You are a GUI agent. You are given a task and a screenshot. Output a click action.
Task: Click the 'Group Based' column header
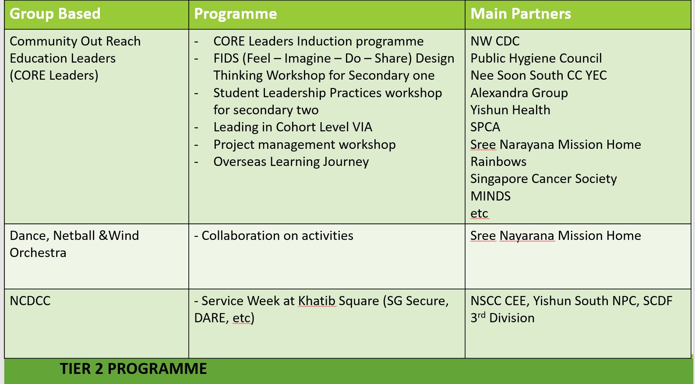click(x=55, y=14)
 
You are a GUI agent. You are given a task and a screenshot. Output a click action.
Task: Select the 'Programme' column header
click(x=236, y=14)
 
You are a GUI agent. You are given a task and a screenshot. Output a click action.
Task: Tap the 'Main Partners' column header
click(x=521, y=14)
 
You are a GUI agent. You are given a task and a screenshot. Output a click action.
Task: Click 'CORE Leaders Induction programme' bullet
click(x=318, y=41)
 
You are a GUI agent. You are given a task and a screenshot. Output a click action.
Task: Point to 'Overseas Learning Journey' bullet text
click(x=291, y=162)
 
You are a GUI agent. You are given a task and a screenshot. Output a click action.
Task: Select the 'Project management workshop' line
click(x=304, y=144)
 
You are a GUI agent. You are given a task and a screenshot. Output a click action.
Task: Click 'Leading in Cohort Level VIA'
click(x=293, y=127)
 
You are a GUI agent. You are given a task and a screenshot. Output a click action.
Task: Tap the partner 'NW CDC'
click(x=495, y=41)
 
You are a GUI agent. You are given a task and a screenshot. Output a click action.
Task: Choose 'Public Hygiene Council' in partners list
click(x=536, y=58)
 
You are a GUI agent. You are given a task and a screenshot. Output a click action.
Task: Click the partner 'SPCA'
click(x=485, y=127)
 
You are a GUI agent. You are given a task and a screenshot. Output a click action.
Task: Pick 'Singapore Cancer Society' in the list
click(x=543, y=179)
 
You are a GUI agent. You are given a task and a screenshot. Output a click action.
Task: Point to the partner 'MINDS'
click(x=490, y=196)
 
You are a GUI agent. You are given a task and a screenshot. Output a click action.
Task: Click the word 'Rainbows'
click(x=498, y=162)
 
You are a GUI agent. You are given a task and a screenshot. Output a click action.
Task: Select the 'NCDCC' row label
click(x=30, y=301)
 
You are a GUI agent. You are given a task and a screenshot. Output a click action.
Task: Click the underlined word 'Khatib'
click(x=317, y=301)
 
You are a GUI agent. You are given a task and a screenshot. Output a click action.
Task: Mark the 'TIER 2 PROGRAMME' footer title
click(x=133, y=369)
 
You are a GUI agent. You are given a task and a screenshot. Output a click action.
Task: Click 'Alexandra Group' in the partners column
click(x=519, y=93)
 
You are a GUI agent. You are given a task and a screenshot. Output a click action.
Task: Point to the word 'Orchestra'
click(x=38, y=253)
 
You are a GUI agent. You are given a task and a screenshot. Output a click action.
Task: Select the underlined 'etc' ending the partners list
click(x=479, y=213)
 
